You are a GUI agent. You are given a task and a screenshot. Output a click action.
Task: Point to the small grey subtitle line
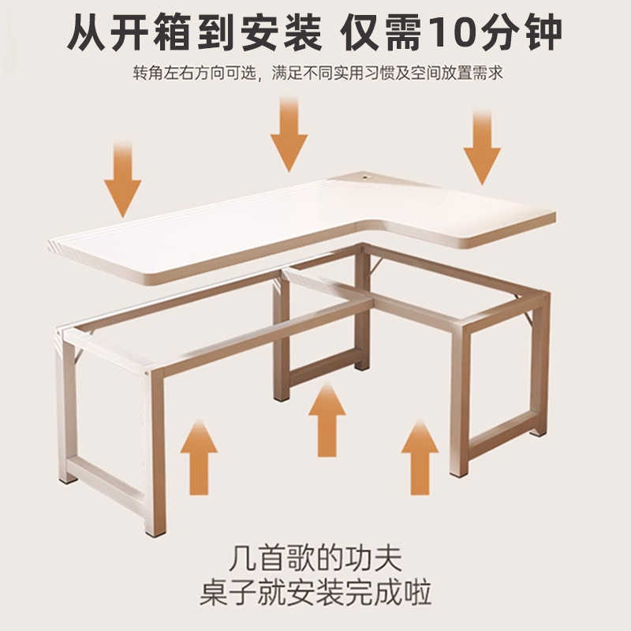pos(315,73)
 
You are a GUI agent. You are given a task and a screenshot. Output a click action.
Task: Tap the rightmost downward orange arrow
pos(481,150)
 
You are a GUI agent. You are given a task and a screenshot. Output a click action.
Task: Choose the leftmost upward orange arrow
pos(199,457)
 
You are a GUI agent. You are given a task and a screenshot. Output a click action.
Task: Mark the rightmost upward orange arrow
pos(420,457)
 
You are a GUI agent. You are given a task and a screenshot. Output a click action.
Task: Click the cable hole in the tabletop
pos(366,177)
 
